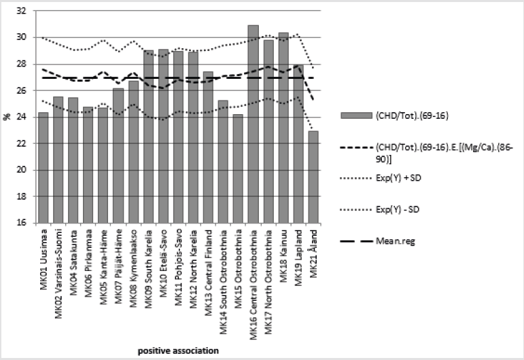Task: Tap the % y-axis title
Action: click(6, 117)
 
